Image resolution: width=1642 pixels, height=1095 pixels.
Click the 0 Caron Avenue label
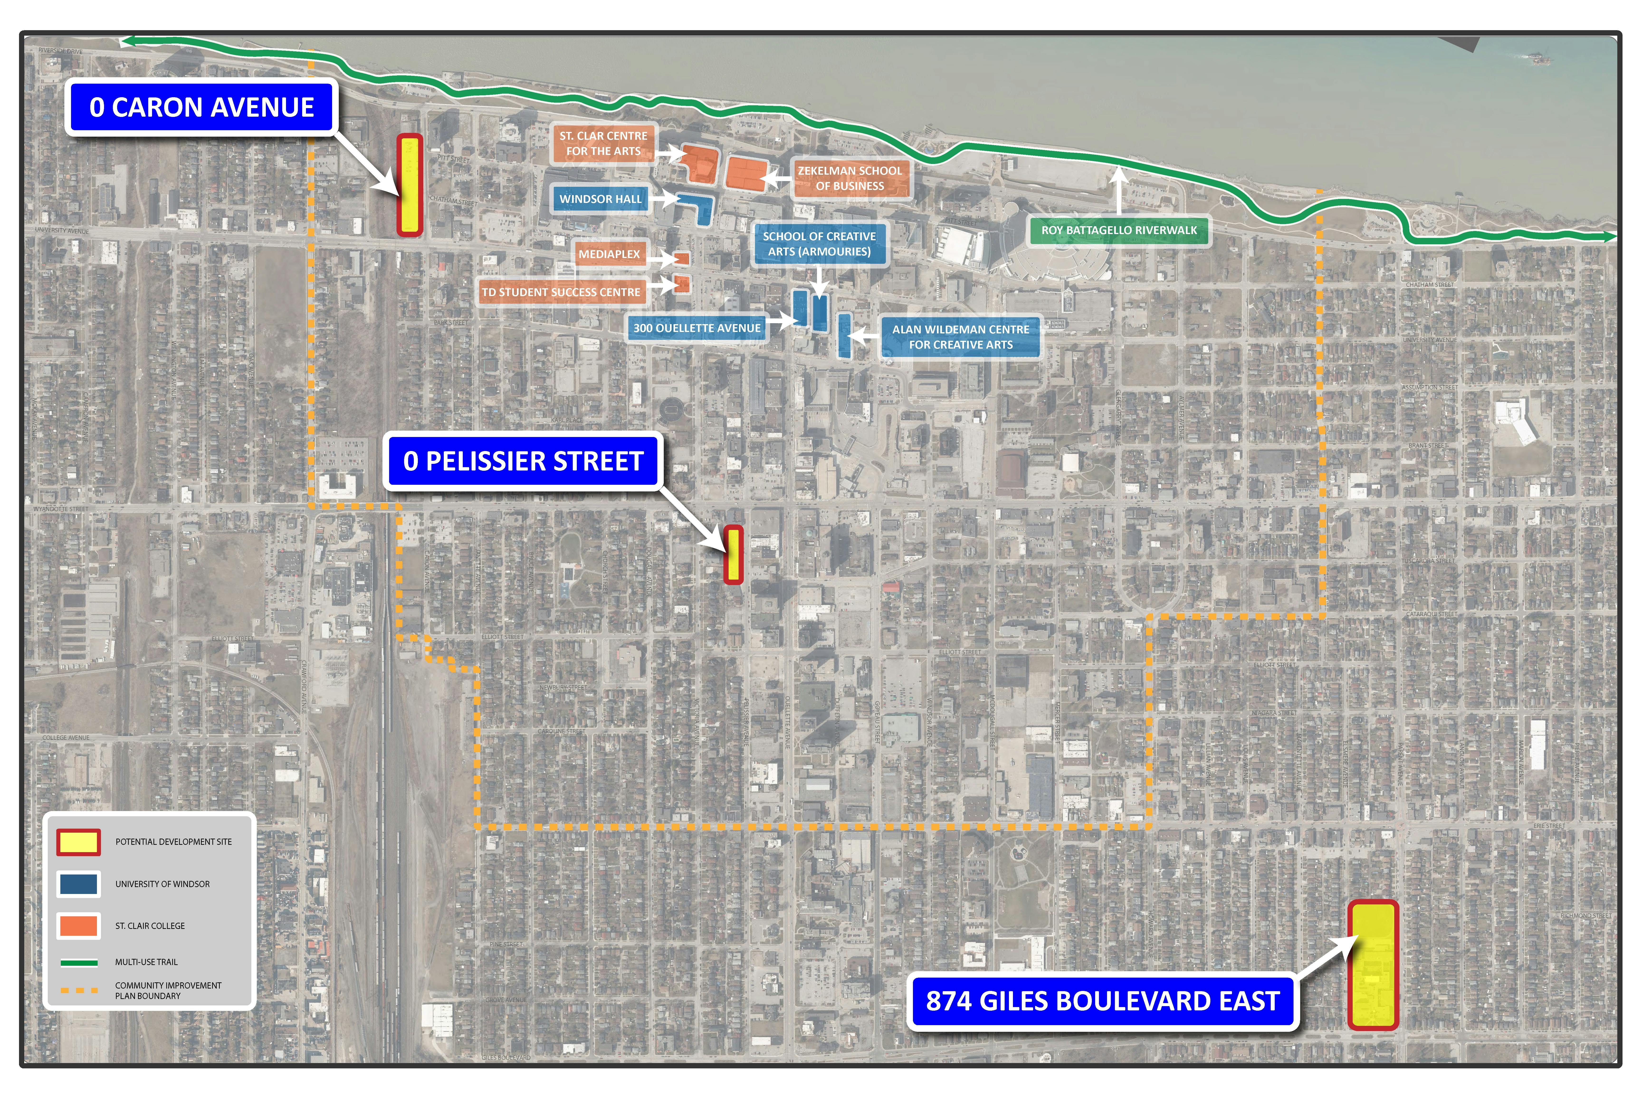click(x=201, y=108)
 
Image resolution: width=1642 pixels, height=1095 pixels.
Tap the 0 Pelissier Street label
click(x=522, y=461)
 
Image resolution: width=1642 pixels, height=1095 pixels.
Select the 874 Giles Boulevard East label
click(x=1102, y=1001)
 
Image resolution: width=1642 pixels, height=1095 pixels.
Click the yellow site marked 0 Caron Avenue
click(x=410, y=185)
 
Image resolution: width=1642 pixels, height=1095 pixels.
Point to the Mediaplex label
click(x=609, y=254)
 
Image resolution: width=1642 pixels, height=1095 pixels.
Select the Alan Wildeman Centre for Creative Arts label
click(x=961, y=336)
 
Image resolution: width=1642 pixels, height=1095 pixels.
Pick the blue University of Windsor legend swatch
click(x=78, y=884)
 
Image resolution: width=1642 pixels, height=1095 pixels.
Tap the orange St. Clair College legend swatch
click(x=78, y=925)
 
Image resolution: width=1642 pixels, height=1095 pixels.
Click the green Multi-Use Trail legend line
click(x=78, y=962)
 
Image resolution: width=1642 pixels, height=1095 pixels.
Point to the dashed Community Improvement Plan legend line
click(x=78, y=990)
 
